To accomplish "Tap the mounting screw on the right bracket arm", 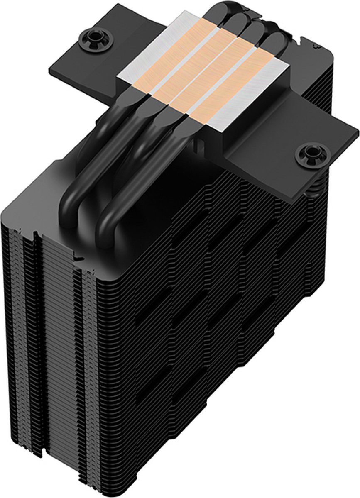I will (310, 156).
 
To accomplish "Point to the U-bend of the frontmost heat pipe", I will (112, 216).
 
